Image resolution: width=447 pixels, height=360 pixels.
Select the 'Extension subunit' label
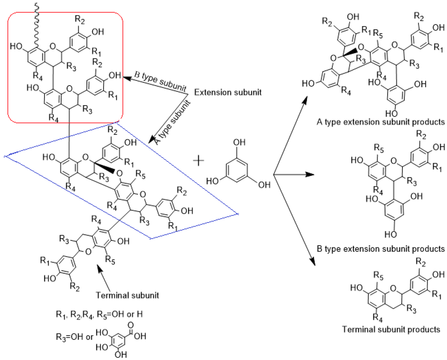(x=221, y=93)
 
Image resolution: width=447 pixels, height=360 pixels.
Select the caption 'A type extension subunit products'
(x=381, y=121)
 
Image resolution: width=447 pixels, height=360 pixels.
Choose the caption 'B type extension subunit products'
(x=381, y=249)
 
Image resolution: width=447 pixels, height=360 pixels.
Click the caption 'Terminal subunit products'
(x=391, y=329)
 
